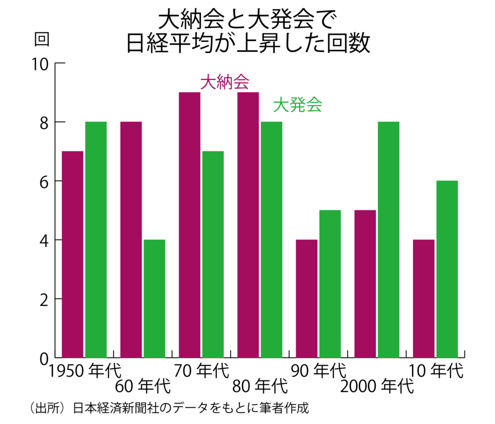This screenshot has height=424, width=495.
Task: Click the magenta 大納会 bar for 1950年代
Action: click(x=73, y=254)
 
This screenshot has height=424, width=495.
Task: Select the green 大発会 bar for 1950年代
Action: click(x=96, y=239)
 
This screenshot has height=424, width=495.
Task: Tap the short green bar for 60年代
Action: click(x=154, y=298)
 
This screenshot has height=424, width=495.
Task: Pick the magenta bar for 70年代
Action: click(x=189, y=225)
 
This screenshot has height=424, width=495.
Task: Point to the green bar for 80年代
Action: click(x=271, y=239)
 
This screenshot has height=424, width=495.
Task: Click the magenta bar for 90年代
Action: click(x=306, y=298)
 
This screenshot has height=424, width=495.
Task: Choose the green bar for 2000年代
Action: click(x=388, y=239)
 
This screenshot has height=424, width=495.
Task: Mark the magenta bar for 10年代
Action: click(x=423, y=298)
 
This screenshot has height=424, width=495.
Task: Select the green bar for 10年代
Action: click(x=447, y=269)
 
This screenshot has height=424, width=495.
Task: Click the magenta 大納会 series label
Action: click(x=225, y=83)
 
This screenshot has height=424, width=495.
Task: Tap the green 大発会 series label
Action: click(x=297, y=105)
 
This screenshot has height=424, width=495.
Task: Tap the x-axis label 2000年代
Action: click(x=377, y=387)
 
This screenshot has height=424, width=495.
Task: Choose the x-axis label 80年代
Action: click(x=260, y=387)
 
